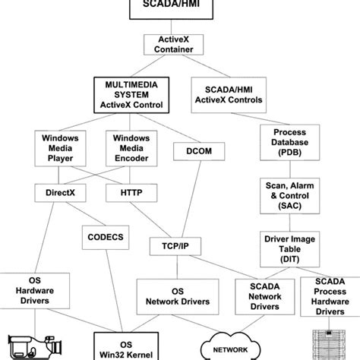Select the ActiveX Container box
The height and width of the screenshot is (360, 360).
(x=179, y=46)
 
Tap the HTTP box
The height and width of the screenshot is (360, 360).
(x=131, y=193)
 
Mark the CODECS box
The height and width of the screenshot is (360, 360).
(x=106, y=237)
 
